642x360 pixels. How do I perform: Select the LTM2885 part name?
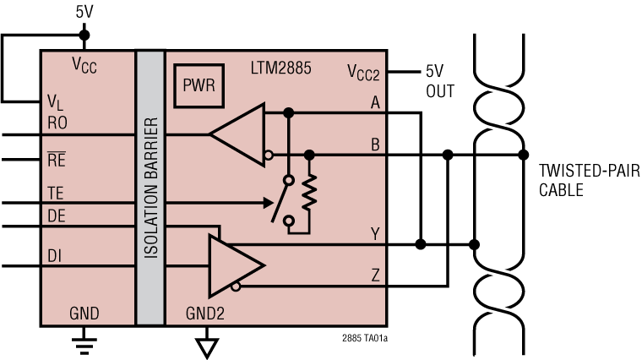pos(281,67)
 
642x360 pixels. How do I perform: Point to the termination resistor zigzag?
pos(310,193)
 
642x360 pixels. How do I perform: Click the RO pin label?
pos(57,123)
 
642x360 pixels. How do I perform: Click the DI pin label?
pos(54,254)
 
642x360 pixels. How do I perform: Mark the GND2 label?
pos(206,314)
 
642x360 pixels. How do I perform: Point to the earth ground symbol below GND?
pos(83,341)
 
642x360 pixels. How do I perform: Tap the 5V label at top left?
pos(83,13)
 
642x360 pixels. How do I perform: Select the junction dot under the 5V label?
pos(83,35)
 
